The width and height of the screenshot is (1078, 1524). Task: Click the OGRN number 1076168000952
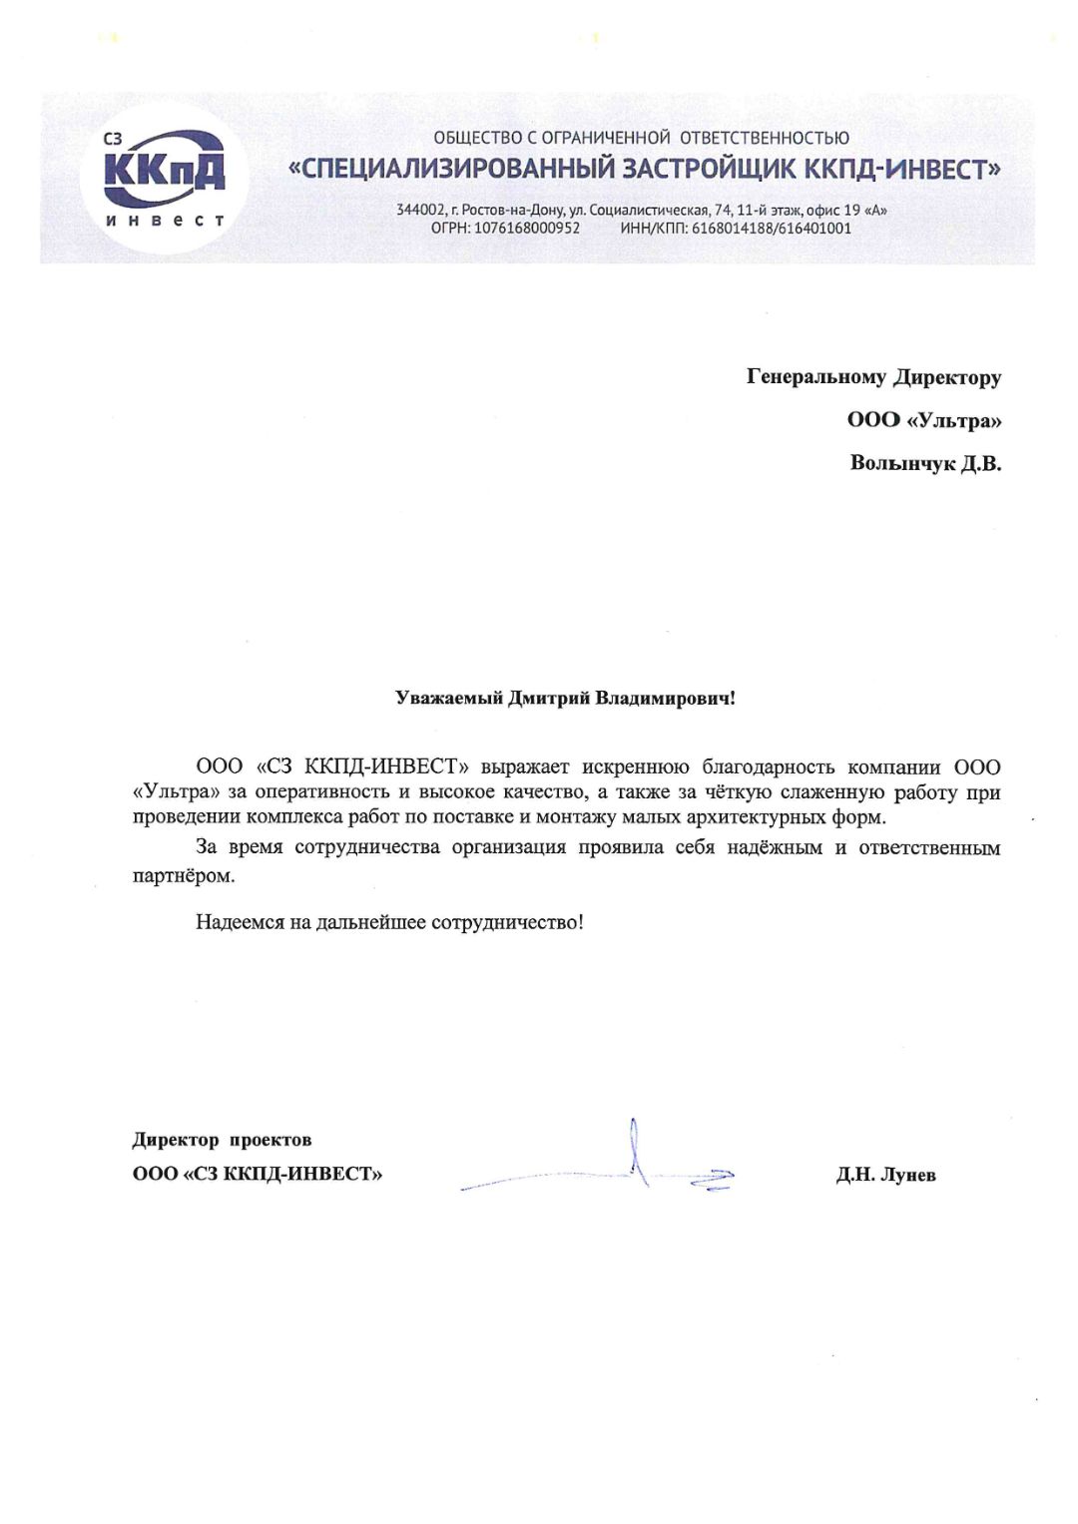[x=526, y=229]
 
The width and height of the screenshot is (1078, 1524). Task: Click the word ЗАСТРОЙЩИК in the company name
[x=710, y=169]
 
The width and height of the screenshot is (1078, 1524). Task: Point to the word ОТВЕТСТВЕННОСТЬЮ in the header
[x=766, y=138]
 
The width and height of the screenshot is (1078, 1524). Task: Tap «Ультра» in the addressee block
[x=954, y=420]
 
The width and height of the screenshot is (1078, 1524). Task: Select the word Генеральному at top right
[x=815, y=377]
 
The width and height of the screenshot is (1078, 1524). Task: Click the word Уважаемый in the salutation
[x=448, y=699]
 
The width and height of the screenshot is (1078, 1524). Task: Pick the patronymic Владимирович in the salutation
[x=665, y=699]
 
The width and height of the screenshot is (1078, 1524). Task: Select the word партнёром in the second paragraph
[x=183, y=876]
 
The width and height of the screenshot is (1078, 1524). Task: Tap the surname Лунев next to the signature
[x=908, y=1175]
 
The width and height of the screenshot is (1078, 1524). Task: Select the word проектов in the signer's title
[x=270, y=1140]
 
